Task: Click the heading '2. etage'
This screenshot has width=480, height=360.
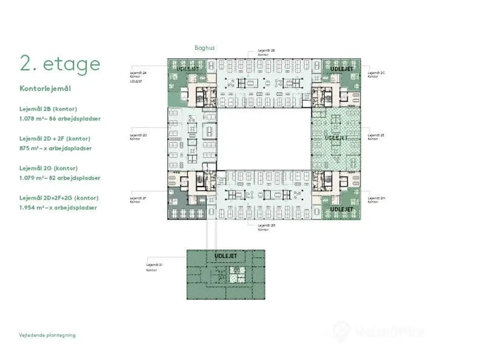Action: coord(60,64)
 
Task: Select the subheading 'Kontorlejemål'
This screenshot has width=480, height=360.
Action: coord(45,89)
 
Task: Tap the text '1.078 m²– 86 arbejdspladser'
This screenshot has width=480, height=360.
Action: coord(60,118)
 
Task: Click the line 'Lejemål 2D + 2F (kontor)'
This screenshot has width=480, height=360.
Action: coord(55,138)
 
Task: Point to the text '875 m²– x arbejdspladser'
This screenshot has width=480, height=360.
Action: coord(55,148)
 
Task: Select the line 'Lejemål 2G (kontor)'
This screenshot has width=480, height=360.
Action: coord(48,168)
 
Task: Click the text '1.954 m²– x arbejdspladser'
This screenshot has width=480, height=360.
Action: coord(58,207)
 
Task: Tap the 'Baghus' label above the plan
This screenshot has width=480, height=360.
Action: coord(204,48)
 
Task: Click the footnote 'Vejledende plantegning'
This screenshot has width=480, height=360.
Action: coord(47,335)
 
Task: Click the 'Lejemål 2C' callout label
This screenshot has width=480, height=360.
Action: coord(376,73)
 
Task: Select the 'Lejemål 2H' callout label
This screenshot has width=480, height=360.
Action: coord(376,198)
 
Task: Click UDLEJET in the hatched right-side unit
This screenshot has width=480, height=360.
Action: coord(336,138)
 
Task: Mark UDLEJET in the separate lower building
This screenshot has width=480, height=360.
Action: coord(226,256)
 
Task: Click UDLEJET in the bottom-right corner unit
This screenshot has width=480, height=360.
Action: coord(342,209)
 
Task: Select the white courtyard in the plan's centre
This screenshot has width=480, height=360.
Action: coord(264,139)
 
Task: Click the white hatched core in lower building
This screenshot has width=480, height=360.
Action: coord(236,278)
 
